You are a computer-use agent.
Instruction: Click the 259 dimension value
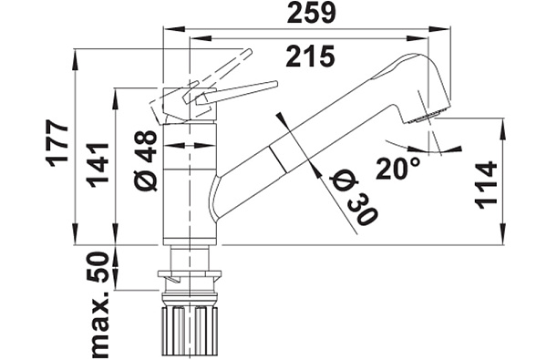pos(310,13)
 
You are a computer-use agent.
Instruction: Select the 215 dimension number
pos(310,57)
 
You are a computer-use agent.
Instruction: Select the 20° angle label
pos(401,168)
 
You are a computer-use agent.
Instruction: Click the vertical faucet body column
pos(190,182)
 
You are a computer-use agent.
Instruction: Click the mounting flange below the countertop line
pos(191,273)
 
